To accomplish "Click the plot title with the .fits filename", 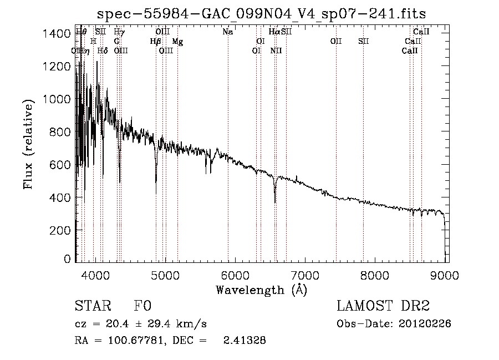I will (261, 14).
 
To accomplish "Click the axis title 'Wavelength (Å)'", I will (261, 289).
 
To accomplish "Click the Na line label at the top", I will (227, 32).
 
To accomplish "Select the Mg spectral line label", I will (177, 42).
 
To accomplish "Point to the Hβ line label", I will (156, 42).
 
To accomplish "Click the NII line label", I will (276, 50).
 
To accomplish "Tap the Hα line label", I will (274, 32).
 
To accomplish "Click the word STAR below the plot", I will (91, 306).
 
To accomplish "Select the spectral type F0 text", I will (142, 306).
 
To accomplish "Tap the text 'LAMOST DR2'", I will (383, 306).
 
